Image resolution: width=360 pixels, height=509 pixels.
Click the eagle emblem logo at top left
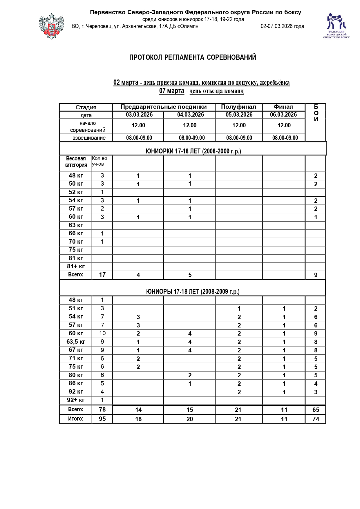51,26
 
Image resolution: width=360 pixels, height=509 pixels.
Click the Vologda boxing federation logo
336,26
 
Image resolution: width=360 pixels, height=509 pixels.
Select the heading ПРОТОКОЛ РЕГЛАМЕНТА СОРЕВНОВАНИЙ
193,57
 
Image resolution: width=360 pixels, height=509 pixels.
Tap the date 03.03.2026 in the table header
139,115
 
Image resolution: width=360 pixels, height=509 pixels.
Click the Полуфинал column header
238,107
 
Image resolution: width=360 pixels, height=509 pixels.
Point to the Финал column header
283,107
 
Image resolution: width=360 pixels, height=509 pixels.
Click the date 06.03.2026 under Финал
283,115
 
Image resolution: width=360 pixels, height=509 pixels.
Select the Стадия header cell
86,107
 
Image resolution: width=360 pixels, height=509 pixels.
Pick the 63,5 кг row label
76,342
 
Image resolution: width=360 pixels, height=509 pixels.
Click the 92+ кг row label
76,400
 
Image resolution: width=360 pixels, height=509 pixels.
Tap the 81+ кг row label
76,266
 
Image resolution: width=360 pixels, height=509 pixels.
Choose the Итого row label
76,419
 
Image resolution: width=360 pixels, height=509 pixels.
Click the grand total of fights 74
316,419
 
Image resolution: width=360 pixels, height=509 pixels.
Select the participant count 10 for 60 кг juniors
102,334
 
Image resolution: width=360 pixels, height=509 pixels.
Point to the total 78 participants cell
102,410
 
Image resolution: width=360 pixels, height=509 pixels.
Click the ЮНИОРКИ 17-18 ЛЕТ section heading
193,151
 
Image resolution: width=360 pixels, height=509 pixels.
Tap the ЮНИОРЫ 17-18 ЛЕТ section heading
193,292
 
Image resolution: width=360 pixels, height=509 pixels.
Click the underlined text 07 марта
172,91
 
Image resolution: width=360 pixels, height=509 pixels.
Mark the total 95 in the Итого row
102,419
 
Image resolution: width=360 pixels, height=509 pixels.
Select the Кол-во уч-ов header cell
100,161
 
